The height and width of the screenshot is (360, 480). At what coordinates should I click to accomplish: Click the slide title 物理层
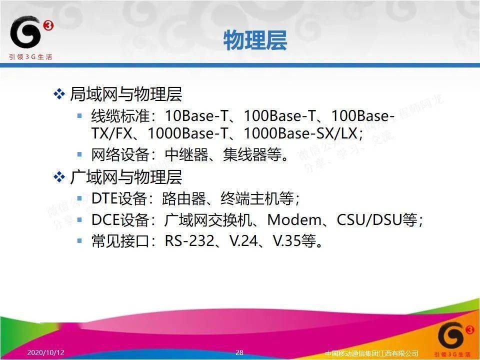click(255, 40)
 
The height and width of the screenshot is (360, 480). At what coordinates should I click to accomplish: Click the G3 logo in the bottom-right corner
click(452, 337)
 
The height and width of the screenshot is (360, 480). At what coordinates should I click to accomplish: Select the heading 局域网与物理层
click(125, 94)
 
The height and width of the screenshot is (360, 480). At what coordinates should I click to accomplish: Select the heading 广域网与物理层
click(125, 177)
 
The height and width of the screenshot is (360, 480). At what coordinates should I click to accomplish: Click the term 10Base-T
click(196, 116)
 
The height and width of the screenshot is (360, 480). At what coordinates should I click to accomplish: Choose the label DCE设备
click(120, 220)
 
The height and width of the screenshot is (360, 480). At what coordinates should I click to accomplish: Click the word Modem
click(293, 220)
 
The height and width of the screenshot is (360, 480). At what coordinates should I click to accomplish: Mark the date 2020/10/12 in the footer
click(46, 352)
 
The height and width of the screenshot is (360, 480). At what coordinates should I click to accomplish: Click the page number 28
click(239, 352)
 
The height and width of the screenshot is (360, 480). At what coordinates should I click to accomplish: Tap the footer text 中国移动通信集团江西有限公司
click(371, 353)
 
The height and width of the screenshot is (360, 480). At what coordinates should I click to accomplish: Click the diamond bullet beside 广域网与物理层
click(59, 177)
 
